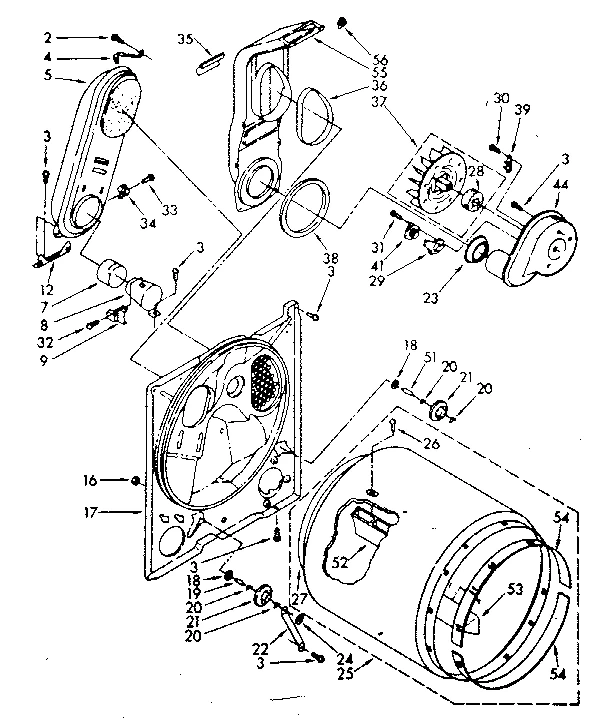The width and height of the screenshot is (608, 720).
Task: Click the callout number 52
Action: pos(341,562)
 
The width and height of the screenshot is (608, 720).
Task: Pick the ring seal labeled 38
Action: pos(305,208)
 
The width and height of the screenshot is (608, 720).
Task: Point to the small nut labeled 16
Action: pos(137,482)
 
